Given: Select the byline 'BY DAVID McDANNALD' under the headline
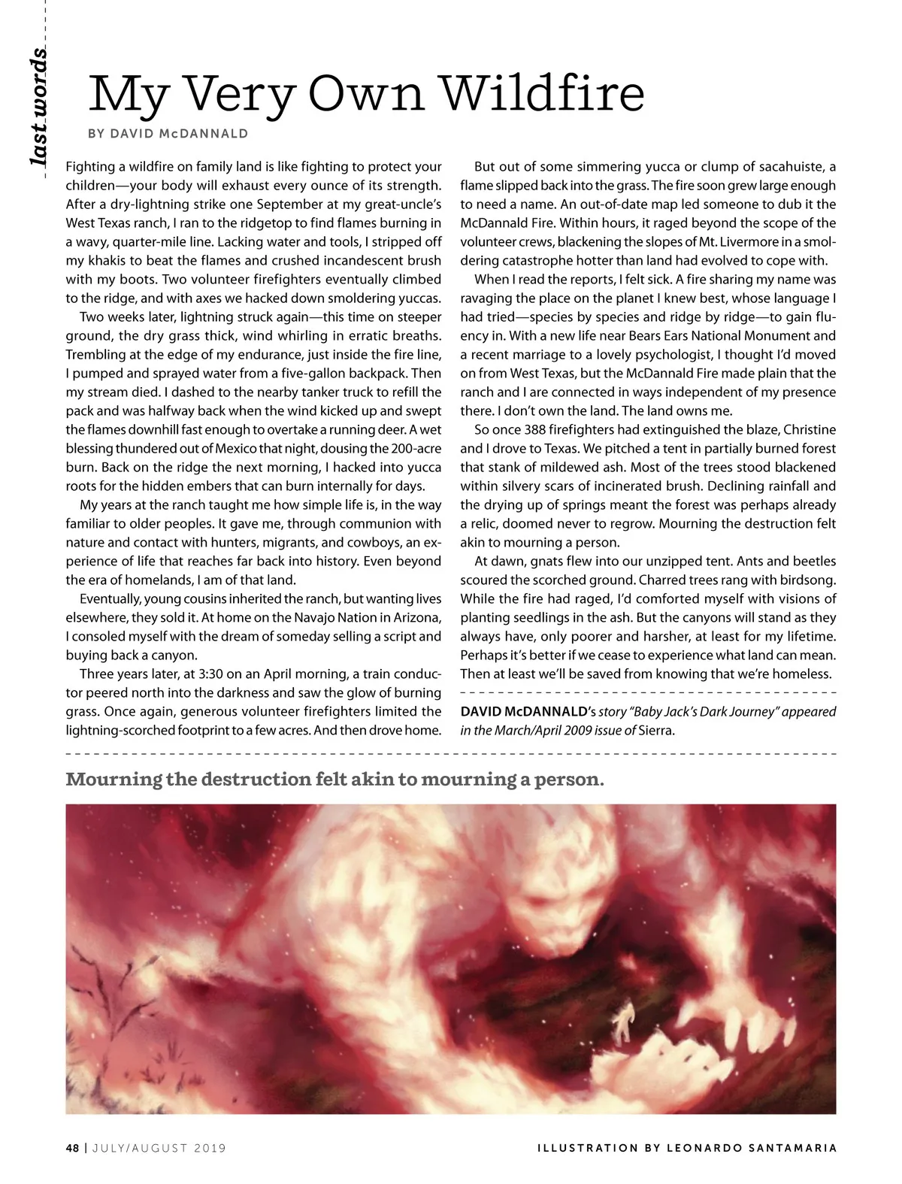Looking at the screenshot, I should coord(168,134).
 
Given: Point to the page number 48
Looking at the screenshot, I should coord(72,1148).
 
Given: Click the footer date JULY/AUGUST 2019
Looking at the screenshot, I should coord(159,1148).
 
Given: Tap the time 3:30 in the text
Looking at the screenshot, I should coord(217,674).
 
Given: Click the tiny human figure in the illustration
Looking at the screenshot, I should coord(622,1021).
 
